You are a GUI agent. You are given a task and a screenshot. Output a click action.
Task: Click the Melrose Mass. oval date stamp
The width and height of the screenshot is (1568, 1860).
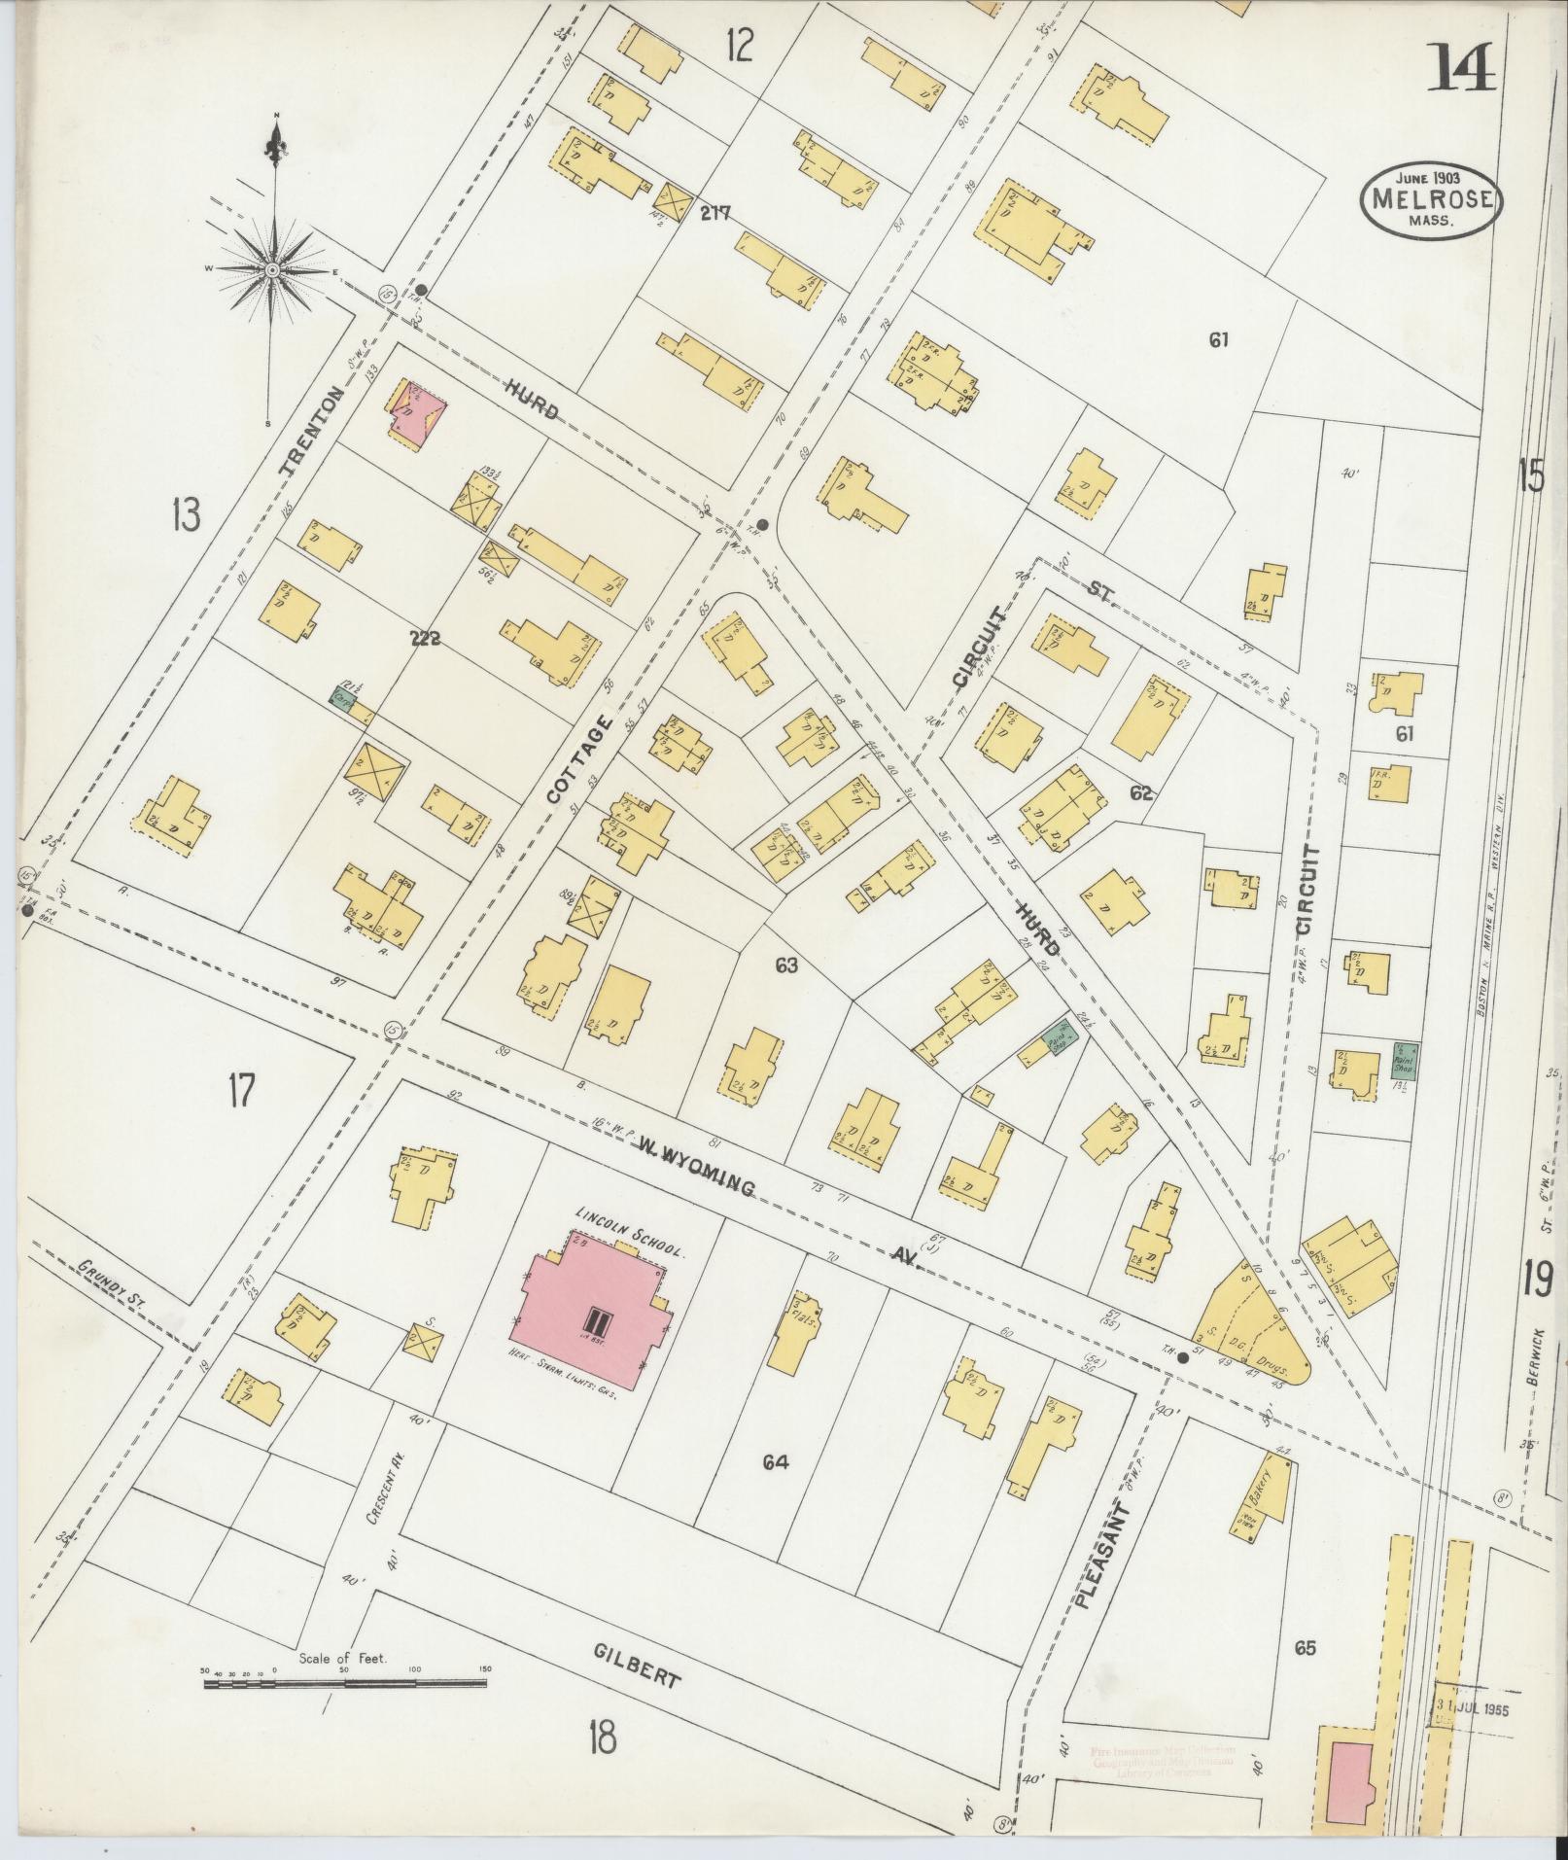[1431, 198]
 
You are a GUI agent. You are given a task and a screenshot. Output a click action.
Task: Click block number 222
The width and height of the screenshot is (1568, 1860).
[425, 639]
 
